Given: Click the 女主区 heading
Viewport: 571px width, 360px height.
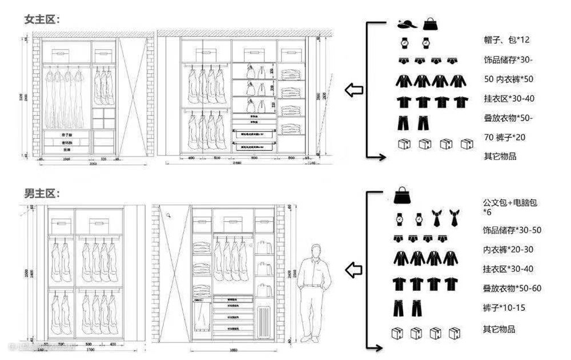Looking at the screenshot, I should [42, 19].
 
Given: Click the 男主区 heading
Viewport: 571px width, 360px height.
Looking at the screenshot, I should [42, 194].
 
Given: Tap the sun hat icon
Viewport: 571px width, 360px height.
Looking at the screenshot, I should [406, 24].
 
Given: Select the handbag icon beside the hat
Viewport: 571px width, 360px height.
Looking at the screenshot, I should [429, 23].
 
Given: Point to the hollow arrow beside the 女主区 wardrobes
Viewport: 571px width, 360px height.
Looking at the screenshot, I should [354, 90].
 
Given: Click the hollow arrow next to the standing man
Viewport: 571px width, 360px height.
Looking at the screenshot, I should [354, 269].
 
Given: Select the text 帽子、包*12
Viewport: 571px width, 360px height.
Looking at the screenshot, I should [506, 39].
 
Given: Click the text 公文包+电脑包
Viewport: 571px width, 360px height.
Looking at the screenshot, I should [510, 202].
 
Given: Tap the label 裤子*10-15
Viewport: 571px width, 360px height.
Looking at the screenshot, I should [504, 308].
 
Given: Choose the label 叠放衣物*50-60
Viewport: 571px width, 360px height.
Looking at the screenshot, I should [512, 288].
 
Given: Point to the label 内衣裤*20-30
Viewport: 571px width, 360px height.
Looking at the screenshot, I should [508, 249].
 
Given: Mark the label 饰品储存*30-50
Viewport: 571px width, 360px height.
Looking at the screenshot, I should [512, 230].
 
